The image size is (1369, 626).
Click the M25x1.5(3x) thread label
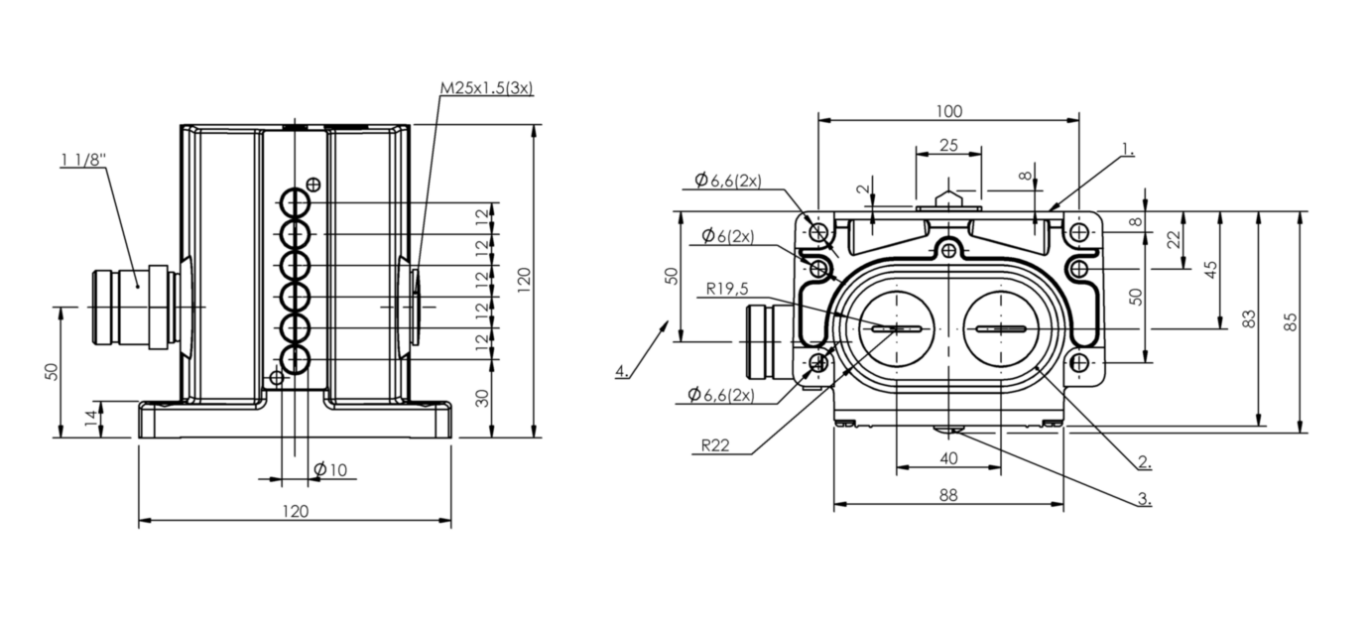(486, 88)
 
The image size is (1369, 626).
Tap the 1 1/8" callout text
(82, 161)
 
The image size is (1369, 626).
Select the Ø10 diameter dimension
(330, 469)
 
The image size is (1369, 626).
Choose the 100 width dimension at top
(948, 111)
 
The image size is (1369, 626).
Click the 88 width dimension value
(948, 495)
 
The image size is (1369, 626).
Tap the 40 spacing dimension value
(948, 458)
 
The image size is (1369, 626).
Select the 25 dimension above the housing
(948, 145)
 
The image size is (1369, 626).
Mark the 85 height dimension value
(1290, 322)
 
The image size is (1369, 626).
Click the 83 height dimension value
(1249, 319)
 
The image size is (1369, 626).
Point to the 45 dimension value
(1210, 270)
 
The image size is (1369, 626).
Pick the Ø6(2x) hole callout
(726, 236)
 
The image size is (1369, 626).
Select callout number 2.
(1144, 461)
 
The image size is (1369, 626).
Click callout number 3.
(1144, 499)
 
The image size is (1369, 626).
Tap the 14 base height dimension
(91, 419)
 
